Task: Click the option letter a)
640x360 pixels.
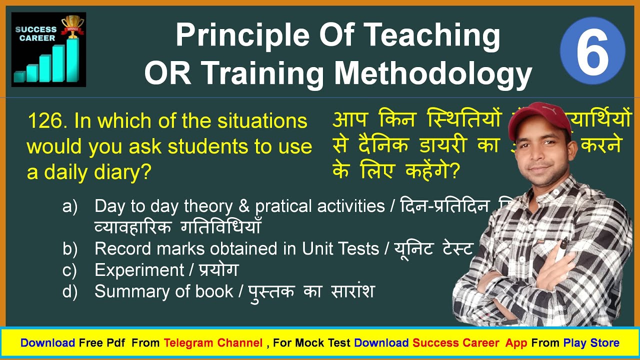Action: (70, 206)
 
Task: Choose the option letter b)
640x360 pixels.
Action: (70, 248)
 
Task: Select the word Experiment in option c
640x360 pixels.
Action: (139, 270)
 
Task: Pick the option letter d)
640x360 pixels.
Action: (70, 291)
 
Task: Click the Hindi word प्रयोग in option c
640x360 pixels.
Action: (218, 270)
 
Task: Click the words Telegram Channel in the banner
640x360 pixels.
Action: (213, 343)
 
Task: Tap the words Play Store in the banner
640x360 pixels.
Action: (591, 343)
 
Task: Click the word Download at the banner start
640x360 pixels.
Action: (47, 343)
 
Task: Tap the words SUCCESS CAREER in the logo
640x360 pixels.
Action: (35, 33)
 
